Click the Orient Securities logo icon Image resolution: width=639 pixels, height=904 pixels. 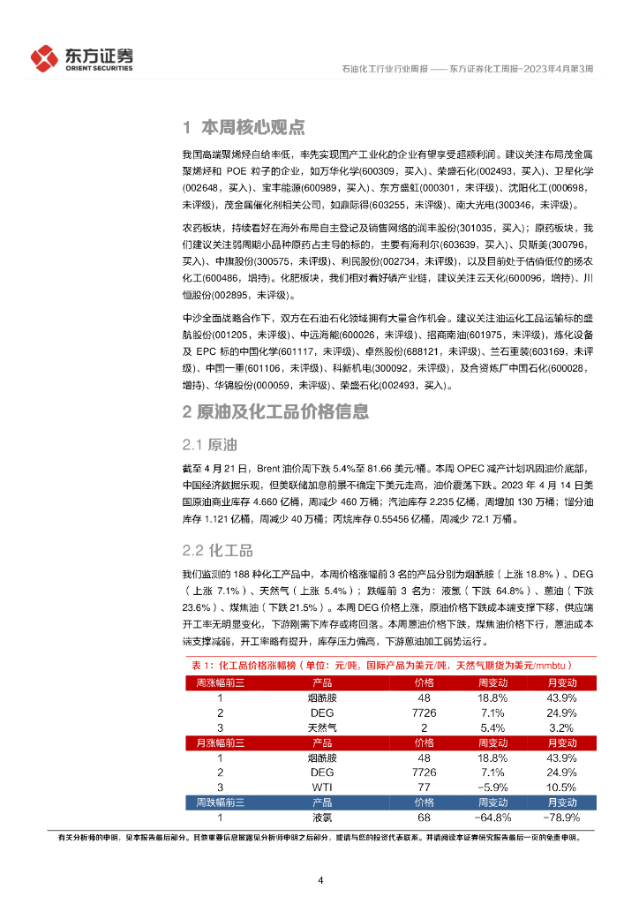[x=43, y=58]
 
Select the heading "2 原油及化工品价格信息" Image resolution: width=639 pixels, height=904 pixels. [x=275, y=411]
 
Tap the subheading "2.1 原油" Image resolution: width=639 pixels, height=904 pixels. [x=209, y=443]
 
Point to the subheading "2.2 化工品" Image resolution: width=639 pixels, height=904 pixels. [x=217, y=550]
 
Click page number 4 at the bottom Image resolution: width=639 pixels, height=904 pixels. [x=320, y=879]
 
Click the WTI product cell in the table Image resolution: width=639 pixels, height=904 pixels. [x=322, y=787]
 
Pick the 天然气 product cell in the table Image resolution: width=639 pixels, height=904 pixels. [x=322, y=727]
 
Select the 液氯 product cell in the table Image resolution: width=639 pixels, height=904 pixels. [x=322, y=817]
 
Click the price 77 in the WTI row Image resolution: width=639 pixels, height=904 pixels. [x=424, y=787]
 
